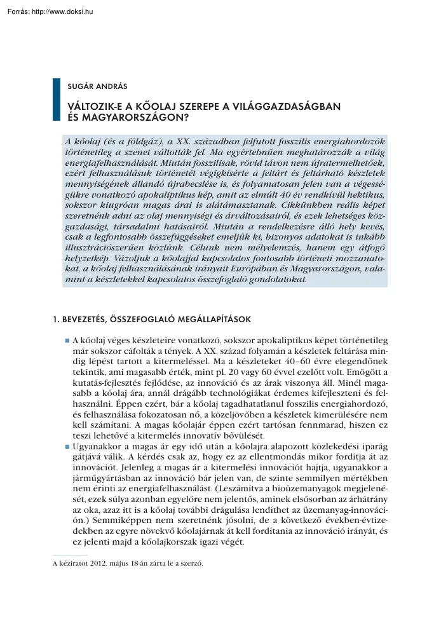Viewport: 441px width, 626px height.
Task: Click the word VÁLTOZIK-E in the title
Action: point(95,107)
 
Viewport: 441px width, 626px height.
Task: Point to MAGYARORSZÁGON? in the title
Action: point(135,117)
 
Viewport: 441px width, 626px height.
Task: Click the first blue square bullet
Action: point(67,341)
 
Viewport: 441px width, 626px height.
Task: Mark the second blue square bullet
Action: point(67,448)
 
